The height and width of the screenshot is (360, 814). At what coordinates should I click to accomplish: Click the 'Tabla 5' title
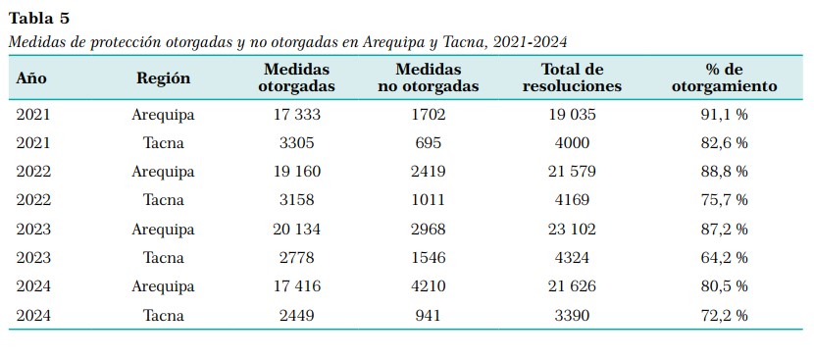[x=39, y=19]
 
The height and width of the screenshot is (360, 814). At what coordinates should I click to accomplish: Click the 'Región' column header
[x=164, y=78]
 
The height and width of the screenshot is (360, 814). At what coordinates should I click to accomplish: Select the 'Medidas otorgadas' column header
[x=296, y=77]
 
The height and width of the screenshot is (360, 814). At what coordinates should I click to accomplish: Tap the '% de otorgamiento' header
[x=724, y=77]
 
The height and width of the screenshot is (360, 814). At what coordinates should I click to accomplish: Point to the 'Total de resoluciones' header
[x=572, y=77]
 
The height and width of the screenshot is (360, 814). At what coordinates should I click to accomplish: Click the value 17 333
[x=297, y=115]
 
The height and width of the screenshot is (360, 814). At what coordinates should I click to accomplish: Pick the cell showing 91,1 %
[x=724, y=115]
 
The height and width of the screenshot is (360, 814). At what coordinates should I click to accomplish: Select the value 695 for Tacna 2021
[x=429, y=143]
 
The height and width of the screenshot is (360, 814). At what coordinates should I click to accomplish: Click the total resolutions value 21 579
[x=572, y=172]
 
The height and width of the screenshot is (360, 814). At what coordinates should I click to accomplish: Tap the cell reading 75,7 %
[x=724, y=200]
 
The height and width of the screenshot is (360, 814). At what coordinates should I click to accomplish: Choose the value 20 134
[x=297, y=230]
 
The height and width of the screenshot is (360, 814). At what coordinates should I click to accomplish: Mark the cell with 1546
[x=429, y=258]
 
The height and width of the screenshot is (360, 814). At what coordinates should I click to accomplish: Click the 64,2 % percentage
[x=724, y=258]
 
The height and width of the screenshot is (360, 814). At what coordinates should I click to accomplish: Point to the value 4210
[x=429, y=286]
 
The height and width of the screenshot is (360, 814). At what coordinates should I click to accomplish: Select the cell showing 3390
[x=572, y=315]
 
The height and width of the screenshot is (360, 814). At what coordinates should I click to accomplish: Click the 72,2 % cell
[x=724, y=315]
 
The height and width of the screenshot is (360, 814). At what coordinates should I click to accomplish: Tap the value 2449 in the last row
[x=297, y=315]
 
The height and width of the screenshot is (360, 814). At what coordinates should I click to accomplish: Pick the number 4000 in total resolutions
[x=572, y=143]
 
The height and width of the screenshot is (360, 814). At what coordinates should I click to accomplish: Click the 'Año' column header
[x=31, y=78]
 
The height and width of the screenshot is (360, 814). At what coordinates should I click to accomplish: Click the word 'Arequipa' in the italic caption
[x=388, y=43]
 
